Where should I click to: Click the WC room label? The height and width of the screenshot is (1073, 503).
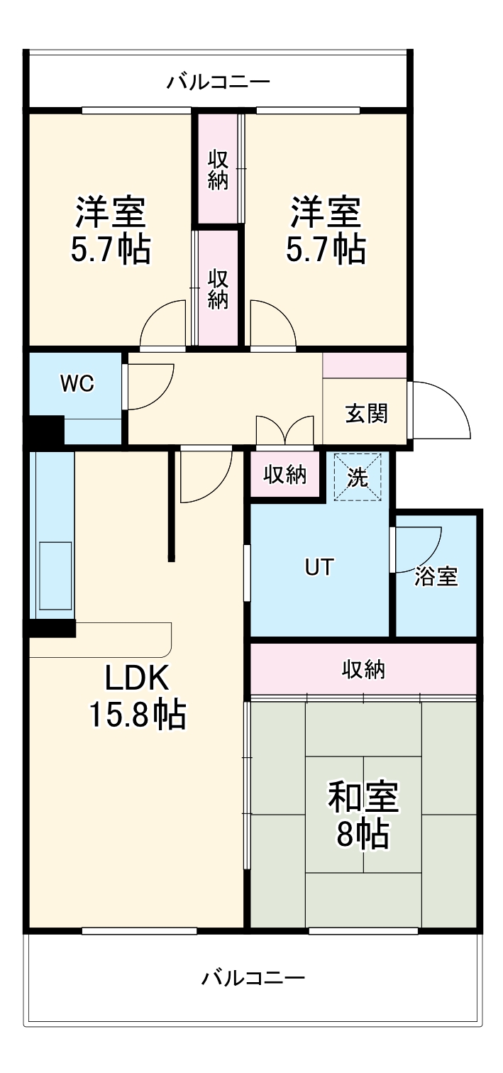point(77,384)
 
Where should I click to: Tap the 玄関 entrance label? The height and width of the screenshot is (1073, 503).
point(366,414)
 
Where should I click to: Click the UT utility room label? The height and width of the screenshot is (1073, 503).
point(319,567)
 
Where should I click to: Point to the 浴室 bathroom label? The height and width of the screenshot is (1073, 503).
point(436,576)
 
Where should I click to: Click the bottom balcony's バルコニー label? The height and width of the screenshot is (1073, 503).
point(253,979)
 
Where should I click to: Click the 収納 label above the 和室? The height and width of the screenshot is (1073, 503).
point(364,668)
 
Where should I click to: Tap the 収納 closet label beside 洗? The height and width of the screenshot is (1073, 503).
point(285,475)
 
